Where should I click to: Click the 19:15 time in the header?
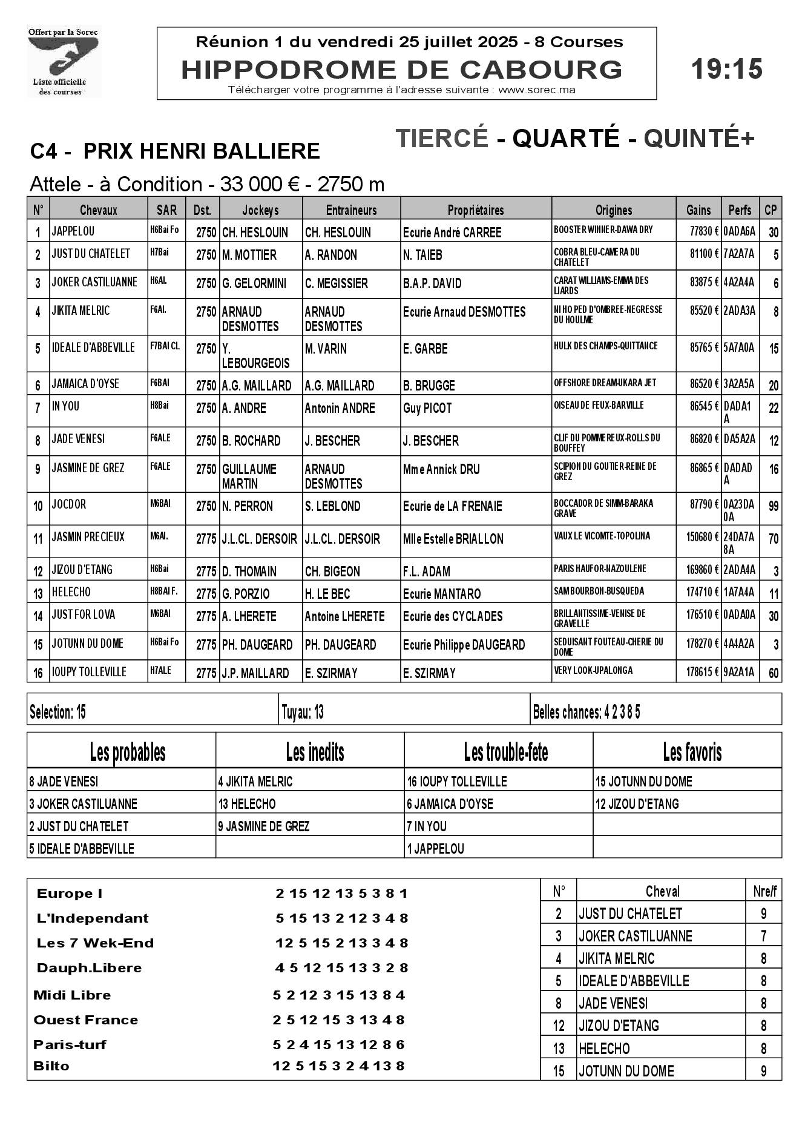click(x=726, y=69)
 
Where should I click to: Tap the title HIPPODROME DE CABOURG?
click(x=401, y=70)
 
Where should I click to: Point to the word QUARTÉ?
click(x=566, y=139)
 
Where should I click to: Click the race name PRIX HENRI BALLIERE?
click(x=201, y=151)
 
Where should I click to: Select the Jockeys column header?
click(x=260, y=210)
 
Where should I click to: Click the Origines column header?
click(x=613, y=210)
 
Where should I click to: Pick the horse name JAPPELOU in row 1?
click(x=73, y=231)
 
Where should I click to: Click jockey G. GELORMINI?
click(x=254, y=283)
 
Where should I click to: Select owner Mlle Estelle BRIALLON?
click(x=453, y=539)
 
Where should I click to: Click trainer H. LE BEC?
click(x=327, y=594)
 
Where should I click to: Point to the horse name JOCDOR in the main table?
click(x=69, y=505)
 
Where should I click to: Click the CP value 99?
click(x=773, y=506)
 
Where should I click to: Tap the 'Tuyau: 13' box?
click(x=303, y=713)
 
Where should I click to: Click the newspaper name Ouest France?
click(x=86, y=1020)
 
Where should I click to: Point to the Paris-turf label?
click(x=70, y=1044)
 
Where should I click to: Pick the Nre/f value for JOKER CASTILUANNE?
click(x=763, y=936)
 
